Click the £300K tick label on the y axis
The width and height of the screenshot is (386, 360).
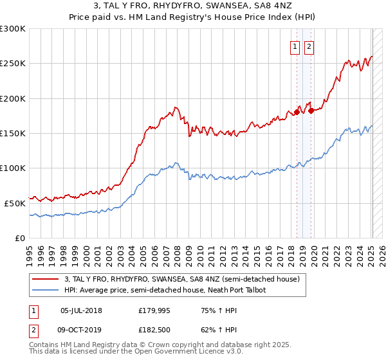pyautogui.click(x=13, y=29)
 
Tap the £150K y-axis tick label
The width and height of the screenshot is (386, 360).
pyautogui.click(x=13, y=134)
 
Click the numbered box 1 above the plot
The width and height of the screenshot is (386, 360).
pyautogui.click(x=295, y=46)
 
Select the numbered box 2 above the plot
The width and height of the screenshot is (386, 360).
pyautogui.click(x=309, y=46)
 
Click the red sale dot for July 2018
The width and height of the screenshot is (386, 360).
pyautogui.click(x=297, y=113)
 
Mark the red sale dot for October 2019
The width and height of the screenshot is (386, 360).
pyautogui.click(x=311, y=111)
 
